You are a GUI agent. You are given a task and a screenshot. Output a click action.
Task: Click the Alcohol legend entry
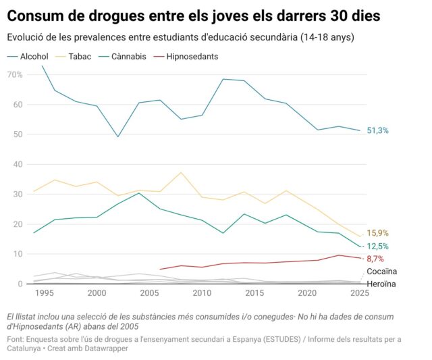tap(34, 57)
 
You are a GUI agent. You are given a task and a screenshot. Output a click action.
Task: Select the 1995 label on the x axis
tap(44, 294)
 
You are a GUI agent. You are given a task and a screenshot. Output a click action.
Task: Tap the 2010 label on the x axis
tap(201, 294)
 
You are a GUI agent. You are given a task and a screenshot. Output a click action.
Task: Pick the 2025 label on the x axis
tap(359, 294)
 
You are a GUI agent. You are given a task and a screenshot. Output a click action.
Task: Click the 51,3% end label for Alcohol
tap(377, 130)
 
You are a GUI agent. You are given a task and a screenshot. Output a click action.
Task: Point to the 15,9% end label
tap(377, 234)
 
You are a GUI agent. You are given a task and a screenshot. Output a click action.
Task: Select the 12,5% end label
tap(377, 247)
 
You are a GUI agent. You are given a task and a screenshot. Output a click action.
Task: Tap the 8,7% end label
tap(376, 259)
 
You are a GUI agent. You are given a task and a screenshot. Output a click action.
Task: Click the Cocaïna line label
tap(381, 272)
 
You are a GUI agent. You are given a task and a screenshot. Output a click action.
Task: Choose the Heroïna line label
tap(381, 284)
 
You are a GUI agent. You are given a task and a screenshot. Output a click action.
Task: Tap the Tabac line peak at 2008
tap(180, 172)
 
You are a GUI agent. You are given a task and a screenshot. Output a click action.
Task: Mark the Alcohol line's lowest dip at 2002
tap(117, 137)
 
